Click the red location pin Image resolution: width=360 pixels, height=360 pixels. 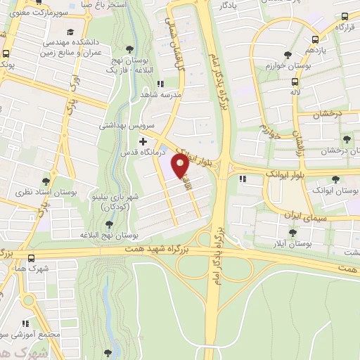[x=180, y=166]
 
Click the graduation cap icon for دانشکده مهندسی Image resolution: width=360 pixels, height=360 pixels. [x=71, y=32]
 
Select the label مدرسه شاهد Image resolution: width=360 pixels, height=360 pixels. [x=161, y=93]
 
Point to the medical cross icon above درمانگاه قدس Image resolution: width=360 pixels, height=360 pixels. [x=143, y=141]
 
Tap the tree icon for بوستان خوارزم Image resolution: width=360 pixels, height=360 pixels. [x=287, y=54]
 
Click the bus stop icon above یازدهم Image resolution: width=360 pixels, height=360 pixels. [x=314, y=39]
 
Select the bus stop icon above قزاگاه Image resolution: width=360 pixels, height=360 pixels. [x=345, y=17]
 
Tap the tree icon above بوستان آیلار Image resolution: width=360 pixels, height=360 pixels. [x=292, y=233]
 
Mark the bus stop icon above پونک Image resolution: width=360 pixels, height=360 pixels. [x=6, y=54]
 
